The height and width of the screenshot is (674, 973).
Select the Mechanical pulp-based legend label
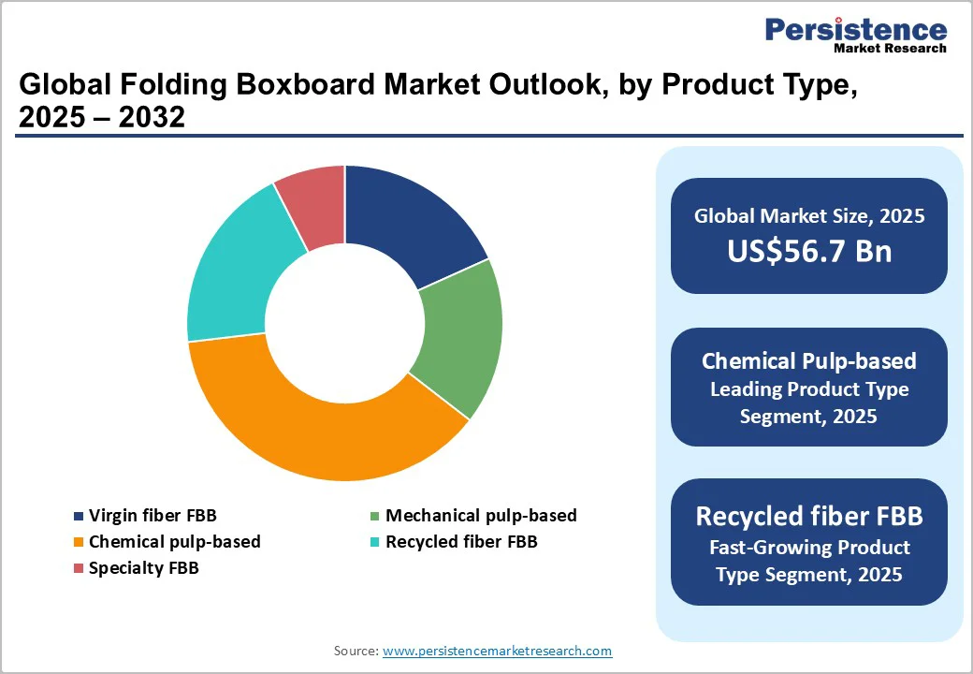[x=481, y=516]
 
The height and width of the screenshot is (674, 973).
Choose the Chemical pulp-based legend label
[x=174, y=542]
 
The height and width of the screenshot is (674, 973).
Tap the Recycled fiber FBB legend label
[x=461, y=542]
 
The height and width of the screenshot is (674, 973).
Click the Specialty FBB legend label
[x=143, y=568]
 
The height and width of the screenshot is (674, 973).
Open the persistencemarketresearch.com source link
[x=497, y=651]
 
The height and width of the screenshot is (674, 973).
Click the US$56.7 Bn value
[x=809, y=252]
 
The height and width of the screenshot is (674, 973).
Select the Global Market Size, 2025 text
[x=809, y=216]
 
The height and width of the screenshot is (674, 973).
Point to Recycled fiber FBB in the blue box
[x=809, y=516]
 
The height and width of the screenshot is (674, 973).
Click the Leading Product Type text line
[x=809, y=388]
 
